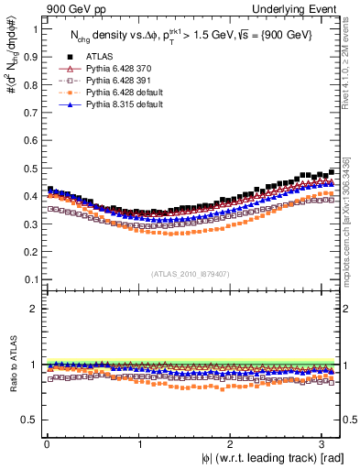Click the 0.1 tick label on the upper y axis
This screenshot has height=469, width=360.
point(31,279)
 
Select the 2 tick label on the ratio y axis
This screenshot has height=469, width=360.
point(35,309)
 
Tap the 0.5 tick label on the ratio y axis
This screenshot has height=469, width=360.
point(31,420)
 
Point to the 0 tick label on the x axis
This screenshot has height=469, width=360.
point(46,444)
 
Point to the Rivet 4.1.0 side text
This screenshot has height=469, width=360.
point(352,69)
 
